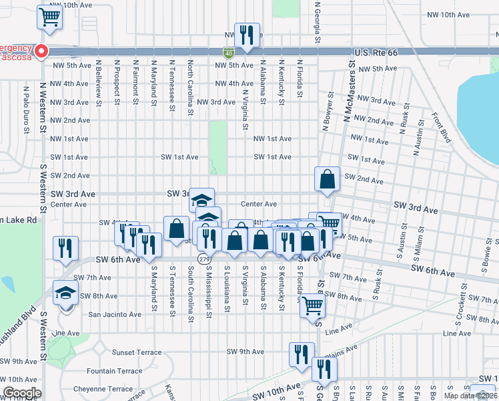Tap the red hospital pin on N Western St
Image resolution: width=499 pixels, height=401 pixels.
[41, 50]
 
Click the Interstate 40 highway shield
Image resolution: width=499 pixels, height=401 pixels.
[228, 52]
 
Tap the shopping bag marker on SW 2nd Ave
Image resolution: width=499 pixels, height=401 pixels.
[327, 179]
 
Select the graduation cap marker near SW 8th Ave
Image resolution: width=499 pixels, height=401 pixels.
[65, 295]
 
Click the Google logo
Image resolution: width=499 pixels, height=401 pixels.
[21, 393]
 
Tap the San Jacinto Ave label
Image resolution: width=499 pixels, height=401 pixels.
[115, 314]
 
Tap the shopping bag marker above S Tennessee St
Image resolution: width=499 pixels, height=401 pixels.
[176, 229]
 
